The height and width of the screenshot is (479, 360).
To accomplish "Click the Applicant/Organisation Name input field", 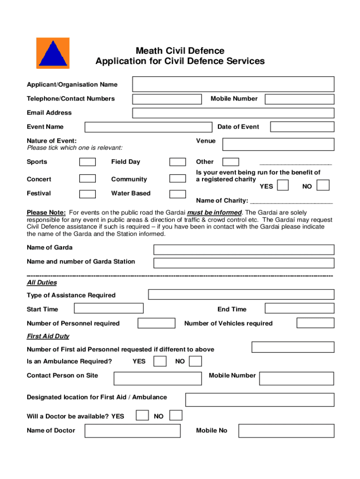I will point(233,84).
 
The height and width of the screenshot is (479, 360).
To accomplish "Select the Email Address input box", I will point(233,113).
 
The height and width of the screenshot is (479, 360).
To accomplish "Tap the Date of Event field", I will point(302,127).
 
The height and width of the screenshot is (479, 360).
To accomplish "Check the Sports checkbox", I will point(87,162).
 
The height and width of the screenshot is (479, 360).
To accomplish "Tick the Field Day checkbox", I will point(177,162).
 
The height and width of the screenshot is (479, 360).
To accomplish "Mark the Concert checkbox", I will point(87,179).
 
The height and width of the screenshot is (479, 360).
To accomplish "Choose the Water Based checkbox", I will point(177,194).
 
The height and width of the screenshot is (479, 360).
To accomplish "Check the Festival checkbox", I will point(87,194).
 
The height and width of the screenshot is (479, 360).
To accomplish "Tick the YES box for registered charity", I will point(282,186).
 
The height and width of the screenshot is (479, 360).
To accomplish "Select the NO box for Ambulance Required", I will point(195,361).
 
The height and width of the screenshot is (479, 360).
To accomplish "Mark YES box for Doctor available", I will point(143,415).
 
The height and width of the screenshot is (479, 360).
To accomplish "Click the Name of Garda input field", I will point(244,250).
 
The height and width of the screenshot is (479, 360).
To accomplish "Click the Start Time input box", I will point(108,308).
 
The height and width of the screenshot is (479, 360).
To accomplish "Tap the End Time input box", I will point(299,308).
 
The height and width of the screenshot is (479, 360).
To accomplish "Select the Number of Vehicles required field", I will point(315,323).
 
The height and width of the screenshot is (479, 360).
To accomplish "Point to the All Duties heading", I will point(42,283).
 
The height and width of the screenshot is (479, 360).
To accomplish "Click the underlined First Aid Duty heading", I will point(48,336).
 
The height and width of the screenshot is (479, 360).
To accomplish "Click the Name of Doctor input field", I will point(132,430).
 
